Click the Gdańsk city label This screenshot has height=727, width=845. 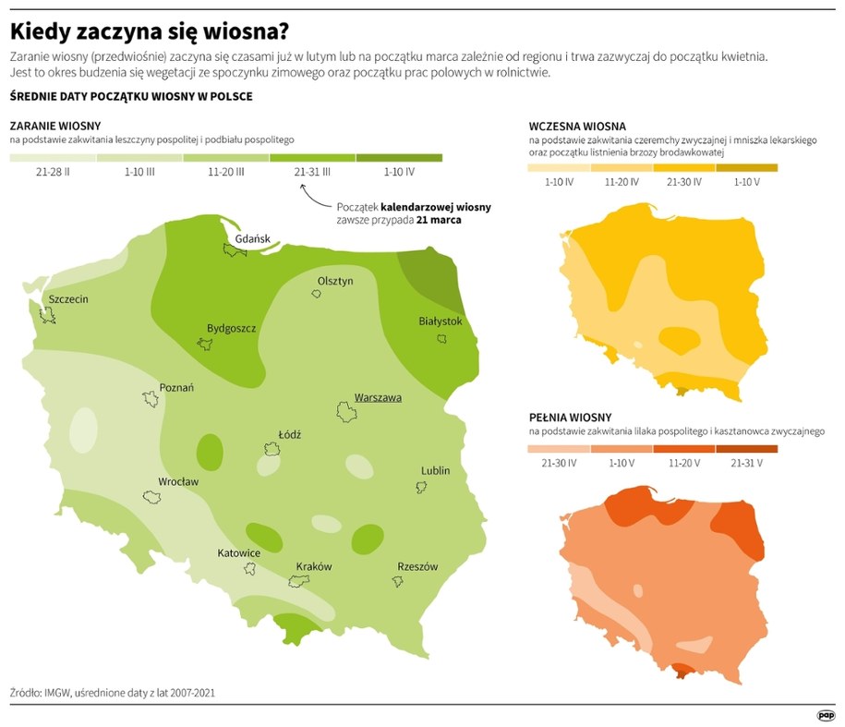tap(252, 238)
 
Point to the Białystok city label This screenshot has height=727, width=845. tap(440, 321)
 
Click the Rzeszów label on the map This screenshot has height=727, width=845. tap(417, 566)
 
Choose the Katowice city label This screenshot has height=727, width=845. tap(238, 552)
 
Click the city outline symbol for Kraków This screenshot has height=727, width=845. tap(298, 580)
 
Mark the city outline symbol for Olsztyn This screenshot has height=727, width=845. tap(316, 294)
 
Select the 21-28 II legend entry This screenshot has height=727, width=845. tap(53, 172)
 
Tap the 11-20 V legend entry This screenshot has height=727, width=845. tap(683, 462)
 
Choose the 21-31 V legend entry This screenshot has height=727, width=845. tap(747, 462)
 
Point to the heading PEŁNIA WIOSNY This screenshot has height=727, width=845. tap(570, 418)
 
